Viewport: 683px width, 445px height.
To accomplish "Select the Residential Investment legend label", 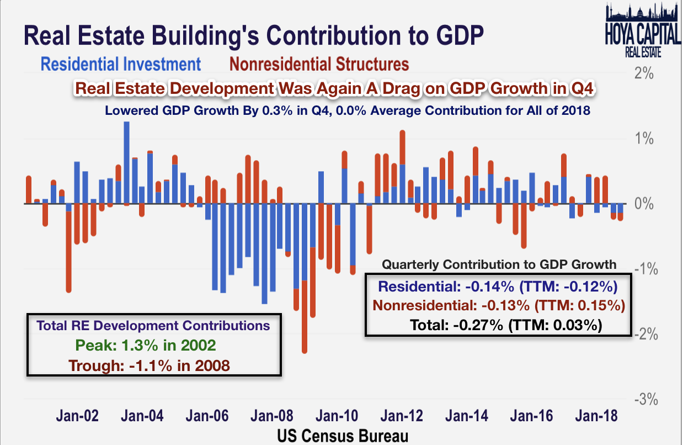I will coord(121,64).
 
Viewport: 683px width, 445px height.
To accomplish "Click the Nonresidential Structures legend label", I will coord(319,64).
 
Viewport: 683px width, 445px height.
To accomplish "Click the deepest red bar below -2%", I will coord(305,331).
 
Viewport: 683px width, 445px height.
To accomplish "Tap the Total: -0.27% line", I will coord(505,325).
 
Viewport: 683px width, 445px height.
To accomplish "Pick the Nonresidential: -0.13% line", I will coord(499,305).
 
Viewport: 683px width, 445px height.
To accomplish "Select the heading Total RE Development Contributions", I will coord(153,325).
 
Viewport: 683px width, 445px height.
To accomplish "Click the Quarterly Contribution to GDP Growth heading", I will coord(499,264).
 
